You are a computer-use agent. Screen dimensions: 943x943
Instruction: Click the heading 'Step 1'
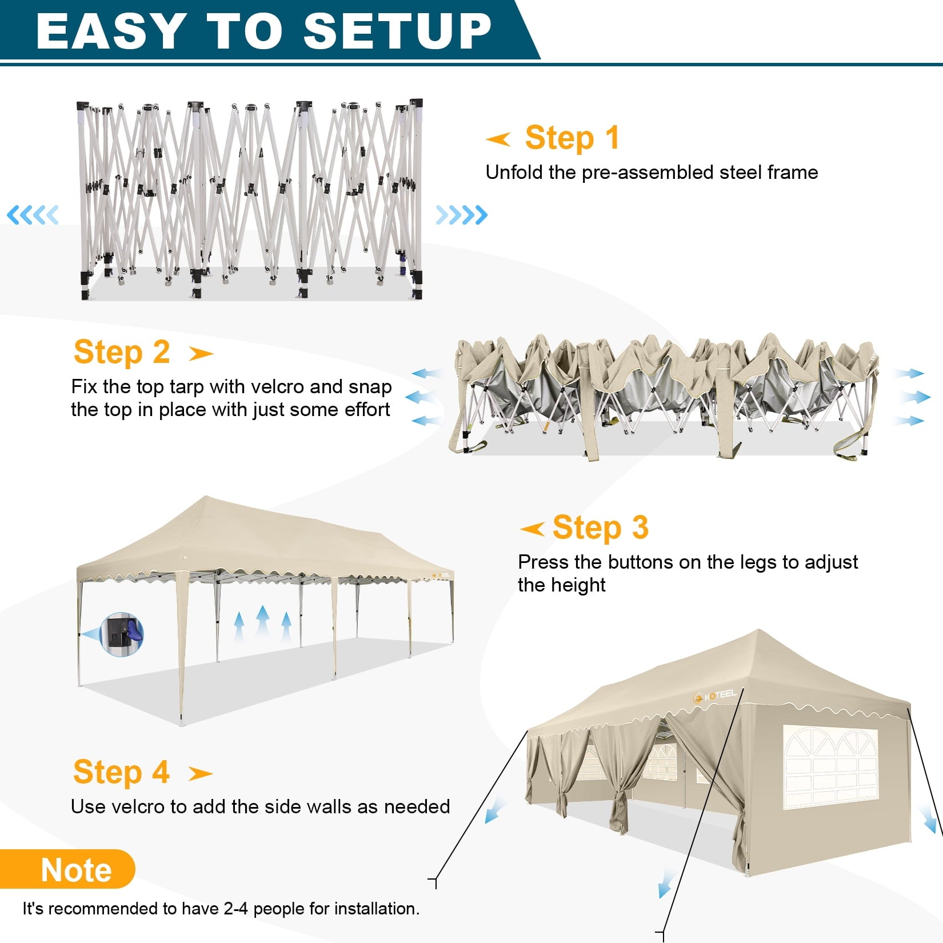click(572, 138)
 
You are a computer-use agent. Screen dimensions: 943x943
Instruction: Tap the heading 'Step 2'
click(122, 352)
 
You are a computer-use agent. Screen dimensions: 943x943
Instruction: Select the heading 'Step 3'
click(601, 528)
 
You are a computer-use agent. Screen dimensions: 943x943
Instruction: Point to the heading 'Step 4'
click(121, 772)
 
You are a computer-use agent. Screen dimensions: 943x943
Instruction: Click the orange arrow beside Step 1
click(498, 139)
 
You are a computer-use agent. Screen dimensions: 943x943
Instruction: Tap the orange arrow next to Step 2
click(201, 354)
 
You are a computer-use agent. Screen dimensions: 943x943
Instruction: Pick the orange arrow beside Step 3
click(532, 529)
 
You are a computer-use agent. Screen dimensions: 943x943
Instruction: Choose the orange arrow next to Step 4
click(201, 774)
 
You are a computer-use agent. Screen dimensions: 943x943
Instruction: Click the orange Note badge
click(67, 869)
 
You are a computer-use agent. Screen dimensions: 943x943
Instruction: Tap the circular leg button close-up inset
click(121, 634)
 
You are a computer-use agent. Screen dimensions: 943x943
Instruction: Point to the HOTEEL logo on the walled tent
click(714, 696)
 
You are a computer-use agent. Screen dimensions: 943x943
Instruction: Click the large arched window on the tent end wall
click(830, 767)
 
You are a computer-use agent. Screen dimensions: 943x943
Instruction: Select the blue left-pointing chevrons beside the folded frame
click(33, 215)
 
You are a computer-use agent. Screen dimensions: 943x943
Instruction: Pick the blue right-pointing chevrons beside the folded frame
click(462, 215)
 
